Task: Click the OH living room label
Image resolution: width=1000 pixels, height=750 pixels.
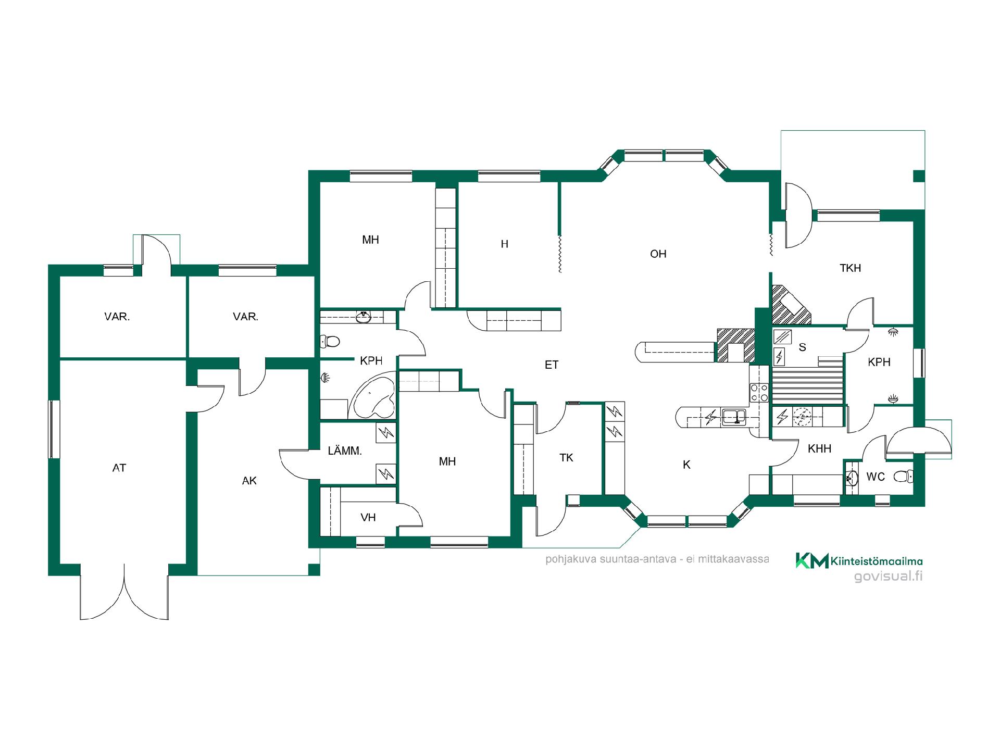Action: (658, 254)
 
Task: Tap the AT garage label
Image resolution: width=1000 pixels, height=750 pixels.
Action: (119, 468)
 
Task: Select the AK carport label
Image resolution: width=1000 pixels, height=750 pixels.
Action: (249, 481)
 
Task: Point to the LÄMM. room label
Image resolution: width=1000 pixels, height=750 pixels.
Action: (345, 451)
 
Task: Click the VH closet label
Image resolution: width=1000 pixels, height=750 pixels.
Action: (368, 517)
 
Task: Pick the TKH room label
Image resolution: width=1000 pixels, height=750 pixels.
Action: (850, 268)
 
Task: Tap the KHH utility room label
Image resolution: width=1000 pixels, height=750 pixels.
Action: (819, 448)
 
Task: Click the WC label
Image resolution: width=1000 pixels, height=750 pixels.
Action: (876, 477)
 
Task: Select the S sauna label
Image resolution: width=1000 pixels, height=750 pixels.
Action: (802, 347)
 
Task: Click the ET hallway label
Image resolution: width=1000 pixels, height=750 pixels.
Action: (552, 365)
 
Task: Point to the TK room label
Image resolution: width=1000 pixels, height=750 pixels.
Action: (566, 458)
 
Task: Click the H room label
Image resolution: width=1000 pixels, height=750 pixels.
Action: (504, 244)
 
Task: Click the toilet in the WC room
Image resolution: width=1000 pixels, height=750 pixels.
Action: (904, 476)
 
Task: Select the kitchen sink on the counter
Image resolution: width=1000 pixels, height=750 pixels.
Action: (733, 417)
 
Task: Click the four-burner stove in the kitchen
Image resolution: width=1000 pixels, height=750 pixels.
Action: (759, 392)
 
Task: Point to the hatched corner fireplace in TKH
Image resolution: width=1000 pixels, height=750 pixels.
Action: (790, 304)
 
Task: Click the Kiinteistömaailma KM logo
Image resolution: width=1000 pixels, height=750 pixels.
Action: (811, 560)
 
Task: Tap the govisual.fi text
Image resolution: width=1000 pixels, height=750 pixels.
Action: (889, 577)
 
